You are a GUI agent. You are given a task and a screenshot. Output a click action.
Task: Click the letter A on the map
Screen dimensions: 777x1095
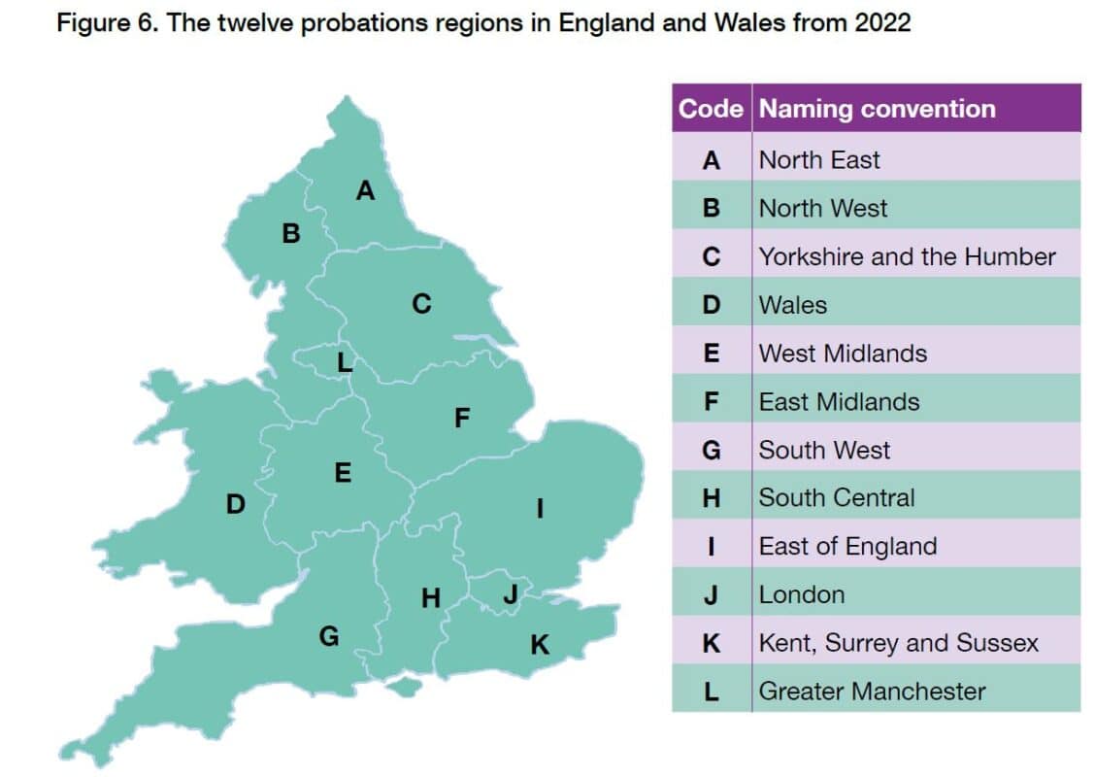[x=365, y=190]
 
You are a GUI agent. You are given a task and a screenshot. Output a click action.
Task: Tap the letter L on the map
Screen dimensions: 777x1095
[x=344, y=362]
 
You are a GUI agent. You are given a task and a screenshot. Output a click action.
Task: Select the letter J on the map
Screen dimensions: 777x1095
[x=511, y=594]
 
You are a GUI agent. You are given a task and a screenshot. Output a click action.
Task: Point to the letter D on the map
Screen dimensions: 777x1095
[x=235, y=504]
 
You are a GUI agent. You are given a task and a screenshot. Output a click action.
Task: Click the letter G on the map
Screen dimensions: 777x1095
[x=329, y=636]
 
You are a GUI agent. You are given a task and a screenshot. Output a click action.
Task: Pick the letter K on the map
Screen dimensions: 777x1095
[x=540, y=643]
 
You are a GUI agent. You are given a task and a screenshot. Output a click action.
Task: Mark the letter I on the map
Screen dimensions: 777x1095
[x=540, y=507]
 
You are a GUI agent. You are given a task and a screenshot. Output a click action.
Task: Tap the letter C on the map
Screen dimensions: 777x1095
[x=420, y=304]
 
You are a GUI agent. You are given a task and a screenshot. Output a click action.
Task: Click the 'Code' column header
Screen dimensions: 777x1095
[x=711, y=109]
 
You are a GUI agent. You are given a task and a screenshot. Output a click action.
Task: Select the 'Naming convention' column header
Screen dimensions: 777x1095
[x=877, y=109]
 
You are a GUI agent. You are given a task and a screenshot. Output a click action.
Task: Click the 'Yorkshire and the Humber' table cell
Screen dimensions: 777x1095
[x=907, y=256]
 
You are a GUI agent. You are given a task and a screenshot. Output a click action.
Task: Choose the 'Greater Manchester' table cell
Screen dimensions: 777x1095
[x=872, y=692]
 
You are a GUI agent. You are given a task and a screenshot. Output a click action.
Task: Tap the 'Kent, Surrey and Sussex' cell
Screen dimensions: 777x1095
[x=898, y=643]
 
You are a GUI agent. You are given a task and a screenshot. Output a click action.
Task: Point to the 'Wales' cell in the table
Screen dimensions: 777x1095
[x=793, y=305]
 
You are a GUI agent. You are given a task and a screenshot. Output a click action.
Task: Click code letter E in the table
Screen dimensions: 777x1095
[x=711, y=354]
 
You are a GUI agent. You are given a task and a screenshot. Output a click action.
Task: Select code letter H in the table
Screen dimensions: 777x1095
[x=711, y=498]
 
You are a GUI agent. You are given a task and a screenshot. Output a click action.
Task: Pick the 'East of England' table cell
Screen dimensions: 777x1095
[x=847, y=547]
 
